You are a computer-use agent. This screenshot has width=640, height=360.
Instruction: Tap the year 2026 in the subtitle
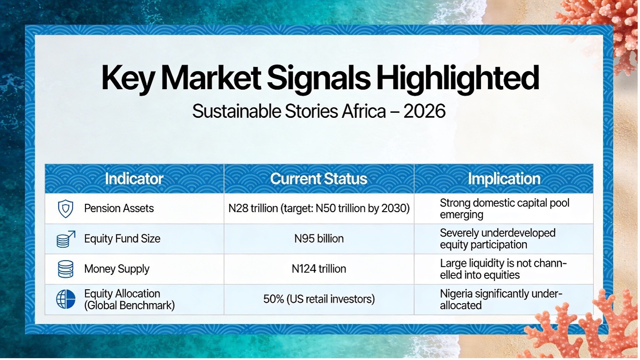425,111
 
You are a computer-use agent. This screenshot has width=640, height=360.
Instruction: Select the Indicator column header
134,179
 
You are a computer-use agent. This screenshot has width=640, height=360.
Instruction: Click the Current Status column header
319,179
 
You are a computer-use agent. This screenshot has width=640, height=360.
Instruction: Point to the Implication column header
504,179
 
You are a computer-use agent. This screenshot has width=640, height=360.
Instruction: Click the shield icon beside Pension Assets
65,209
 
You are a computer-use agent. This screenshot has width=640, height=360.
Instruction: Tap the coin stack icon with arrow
66,239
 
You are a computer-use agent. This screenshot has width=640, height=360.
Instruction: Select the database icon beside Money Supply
65,269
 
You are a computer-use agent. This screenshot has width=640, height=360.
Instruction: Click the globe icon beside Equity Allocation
66,299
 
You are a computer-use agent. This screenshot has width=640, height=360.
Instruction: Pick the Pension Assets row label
119,208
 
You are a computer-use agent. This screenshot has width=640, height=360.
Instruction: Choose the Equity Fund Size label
122,239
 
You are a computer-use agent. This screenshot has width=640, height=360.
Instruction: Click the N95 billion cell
319,238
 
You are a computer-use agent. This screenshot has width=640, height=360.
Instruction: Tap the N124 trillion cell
319,269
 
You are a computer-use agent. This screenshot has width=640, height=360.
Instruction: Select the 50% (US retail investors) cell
319,299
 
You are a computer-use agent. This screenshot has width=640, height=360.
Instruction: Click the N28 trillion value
253,208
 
